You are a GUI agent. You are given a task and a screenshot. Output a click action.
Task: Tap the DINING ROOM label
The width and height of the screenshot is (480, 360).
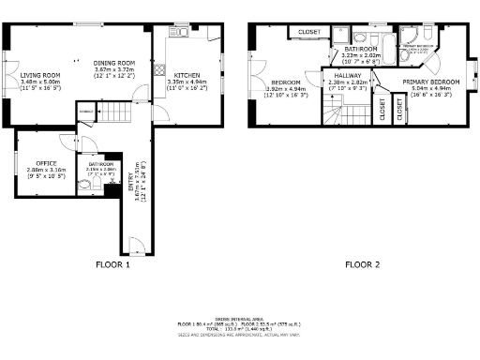click(114, 63)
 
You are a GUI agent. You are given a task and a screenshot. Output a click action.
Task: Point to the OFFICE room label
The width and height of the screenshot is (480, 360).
click(45, 163)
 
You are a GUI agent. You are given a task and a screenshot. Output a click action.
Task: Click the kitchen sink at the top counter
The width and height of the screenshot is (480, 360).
click(177, 32)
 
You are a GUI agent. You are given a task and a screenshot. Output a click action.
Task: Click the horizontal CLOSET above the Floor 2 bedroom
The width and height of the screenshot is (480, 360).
click(308, 33)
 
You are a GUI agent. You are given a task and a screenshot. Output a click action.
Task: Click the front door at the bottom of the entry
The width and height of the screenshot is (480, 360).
click(135, 247)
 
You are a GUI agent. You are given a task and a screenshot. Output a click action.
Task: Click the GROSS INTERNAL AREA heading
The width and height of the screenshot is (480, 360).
click(239, 318)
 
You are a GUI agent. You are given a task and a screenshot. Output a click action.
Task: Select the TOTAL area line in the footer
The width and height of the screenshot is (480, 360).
click(238, 329)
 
